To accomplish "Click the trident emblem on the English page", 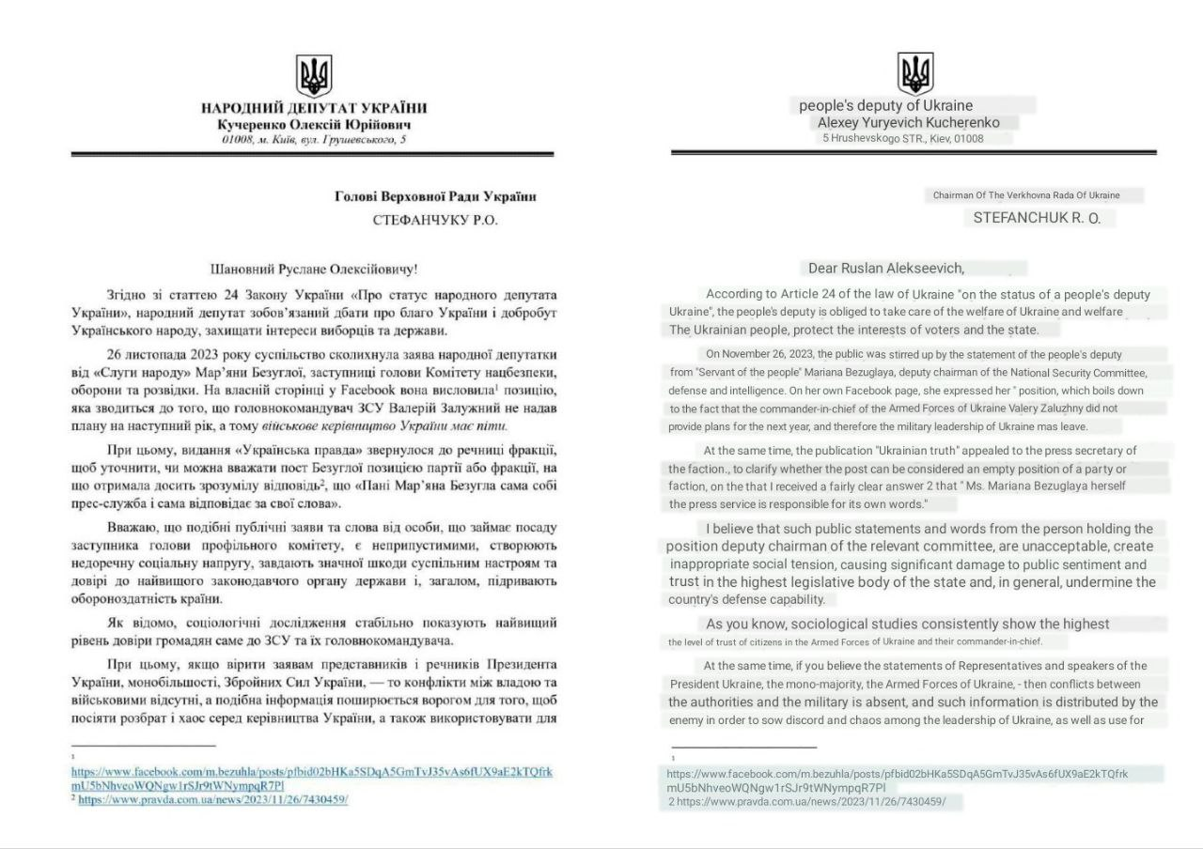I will [x=914, y=71].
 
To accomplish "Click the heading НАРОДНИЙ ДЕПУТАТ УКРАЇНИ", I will [x=314, y=109].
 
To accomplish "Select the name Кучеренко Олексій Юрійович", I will [x=314, y=125].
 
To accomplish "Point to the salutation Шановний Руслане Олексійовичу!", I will [x=313, y=269].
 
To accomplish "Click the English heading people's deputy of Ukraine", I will [x=885, y=105].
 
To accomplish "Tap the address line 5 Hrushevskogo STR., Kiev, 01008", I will [x=902, y=139].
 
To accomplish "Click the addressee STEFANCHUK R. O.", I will [x=1030, y=218].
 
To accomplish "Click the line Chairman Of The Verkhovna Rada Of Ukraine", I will [x=1025, y=195].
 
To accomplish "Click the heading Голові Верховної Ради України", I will [x=435, y=197].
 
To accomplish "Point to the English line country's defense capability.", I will [x=746, y=599].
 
